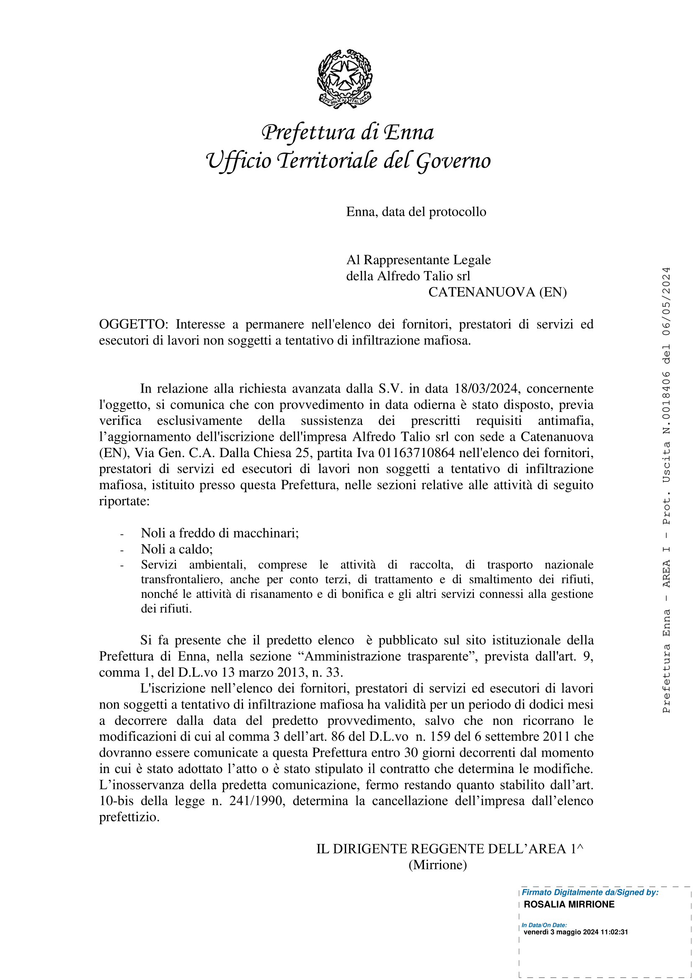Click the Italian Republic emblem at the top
(345, 79)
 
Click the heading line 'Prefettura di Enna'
(348, 133)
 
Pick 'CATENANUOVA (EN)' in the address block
(498, 292)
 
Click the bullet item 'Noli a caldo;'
(177, 549)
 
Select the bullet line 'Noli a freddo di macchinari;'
(220, 533)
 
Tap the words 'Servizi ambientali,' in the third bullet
(194, 565)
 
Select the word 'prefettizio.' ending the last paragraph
(129, 817)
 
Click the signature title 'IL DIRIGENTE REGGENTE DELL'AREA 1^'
(449, 849)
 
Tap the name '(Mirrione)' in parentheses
(438, 865)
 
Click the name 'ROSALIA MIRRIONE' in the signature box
(569, 905)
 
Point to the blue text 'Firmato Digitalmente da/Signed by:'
(590, 892)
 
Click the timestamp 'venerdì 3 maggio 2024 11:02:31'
(576, 932)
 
